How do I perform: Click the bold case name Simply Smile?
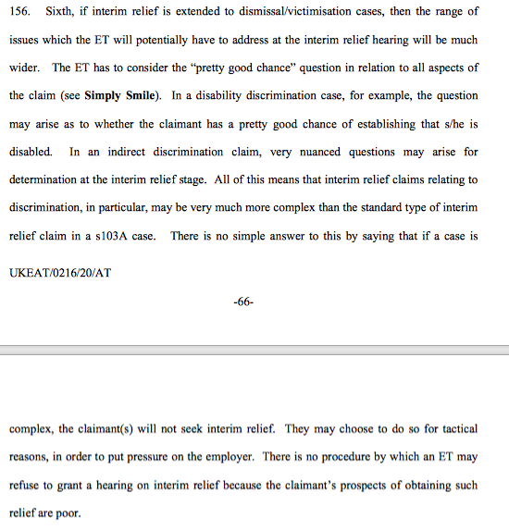click(x=121, y=95)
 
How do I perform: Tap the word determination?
click(x=45, y=179)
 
